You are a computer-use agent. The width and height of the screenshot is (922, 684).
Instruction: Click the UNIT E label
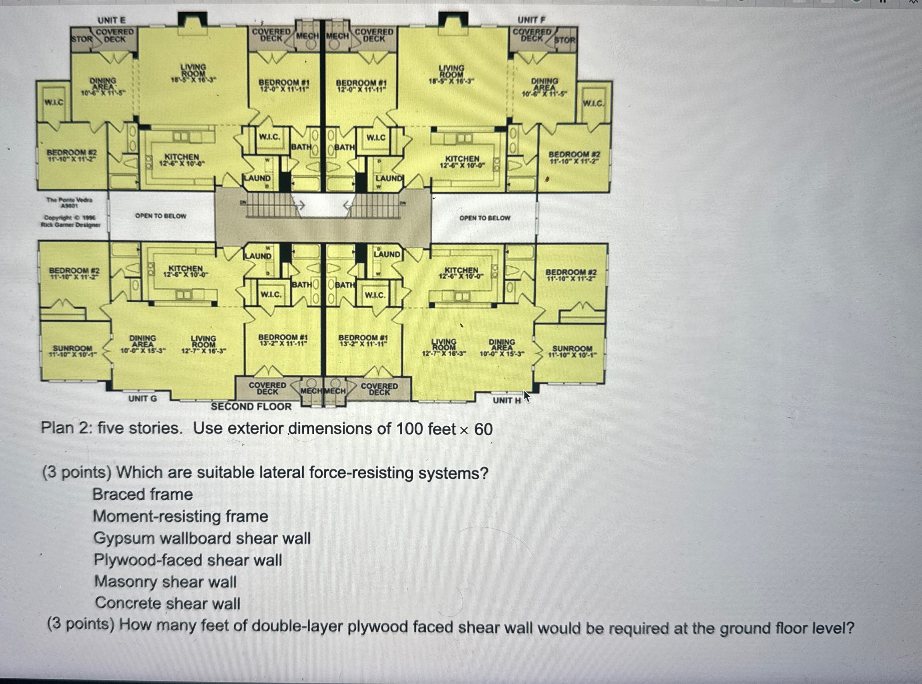(x=111, y=20)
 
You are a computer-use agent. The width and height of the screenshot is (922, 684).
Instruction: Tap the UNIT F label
(x=531, y=20)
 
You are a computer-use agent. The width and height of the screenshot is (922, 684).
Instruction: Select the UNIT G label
(x=142, y=399)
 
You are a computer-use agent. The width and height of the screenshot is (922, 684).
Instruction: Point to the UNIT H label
(x=506, y=401)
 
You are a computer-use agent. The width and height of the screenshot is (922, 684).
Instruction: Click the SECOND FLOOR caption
(x=251, y=407)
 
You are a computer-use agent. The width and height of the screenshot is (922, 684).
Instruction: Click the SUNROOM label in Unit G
(x=73, y=349)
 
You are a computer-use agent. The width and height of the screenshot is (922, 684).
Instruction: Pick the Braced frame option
(x=142, y=494)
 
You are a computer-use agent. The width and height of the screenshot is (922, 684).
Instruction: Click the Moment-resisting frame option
(x=180, y=516)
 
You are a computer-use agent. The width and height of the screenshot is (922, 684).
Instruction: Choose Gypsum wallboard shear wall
(x=202, y=538)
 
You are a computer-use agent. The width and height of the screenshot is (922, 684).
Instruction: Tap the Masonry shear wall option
(x=165, y=582)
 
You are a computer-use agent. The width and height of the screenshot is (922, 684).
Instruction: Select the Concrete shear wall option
(x=167, y=603)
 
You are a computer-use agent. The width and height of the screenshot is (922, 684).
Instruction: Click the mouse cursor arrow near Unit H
(x=526, y=396)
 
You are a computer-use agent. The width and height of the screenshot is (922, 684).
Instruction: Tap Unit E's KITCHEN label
(x=182, y=157)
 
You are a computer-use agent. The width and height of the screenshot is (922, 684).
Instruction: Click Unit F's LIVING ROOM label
(x=451, y=71)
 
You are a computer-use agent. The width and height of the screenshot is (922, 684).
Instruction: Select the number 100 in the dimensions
(x=410, y=429)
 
